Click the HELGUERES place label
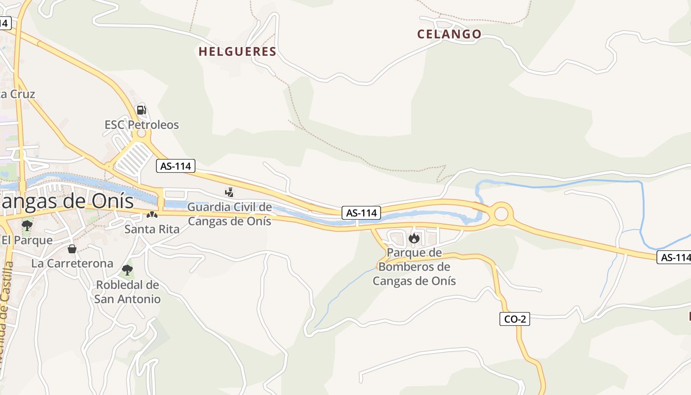(x=237, y=51)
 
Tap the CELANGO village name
(x=449, y=34)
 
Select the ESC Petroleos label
(x=142, y=124)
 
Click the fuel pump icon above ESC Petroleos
(x=142, y=110)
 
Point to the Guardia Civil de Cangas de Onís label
(x=230, y=214)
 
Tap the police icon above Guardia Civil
(x=229, y=193)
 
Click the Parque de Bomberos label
(x=414, y=267)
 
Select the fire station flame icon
(x=414, y=239)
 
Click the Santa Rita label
(x=152, y=229)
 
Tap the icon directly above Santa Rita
(x=152, y=215)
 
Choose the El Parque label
(x=27, y=240)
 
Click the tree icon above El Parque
(x=27, y=226)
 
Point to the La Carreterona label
(x=72, y=263)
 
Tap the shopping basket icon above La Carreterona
(x=72, y=248)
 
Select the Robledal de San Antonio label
(x=127, y=292)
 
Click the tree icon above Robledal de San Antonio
(x=127, y=270)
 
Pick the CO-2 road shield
(x=514, y=319)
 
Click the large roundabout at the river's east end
(x=501, y=214)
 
